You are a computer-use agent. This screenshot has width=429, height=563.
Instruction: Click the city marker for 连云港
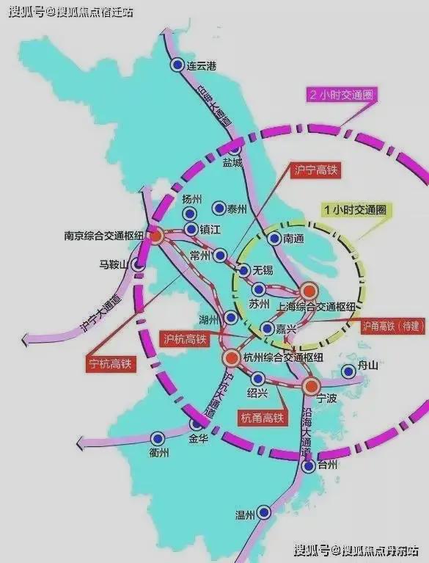coord(177,65)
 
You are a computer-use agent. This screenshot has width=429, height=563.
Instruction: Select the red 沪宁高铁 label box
coord(311,169)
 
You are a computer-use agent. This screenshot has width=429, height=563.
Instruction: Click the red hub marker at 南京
coord(155,236)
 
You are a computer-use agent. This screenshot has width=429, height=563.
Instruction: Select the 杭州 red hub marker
coord(229,357)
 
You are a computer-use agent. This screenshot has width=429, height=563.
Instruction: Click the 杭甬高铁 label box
coord(261,418)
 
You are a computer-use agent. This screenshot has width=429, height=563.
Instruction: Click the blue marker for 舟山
coord(349,371)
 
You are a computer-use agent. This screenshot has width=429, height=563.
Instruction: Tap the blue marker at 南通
coord(274,239)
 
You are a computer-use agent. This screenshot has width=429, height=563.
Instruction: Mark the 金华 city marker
coord(196,424)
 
